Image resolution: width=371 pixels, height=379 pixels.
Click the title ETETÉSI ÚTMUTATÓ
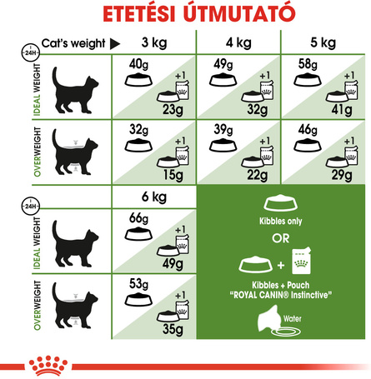click(x=185, y=15)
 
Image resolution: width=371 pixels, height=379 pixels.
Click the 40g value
click(x=138, y=66)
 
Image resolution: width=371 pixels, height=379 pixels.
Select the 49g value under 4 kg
click(x=221, y=66)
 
